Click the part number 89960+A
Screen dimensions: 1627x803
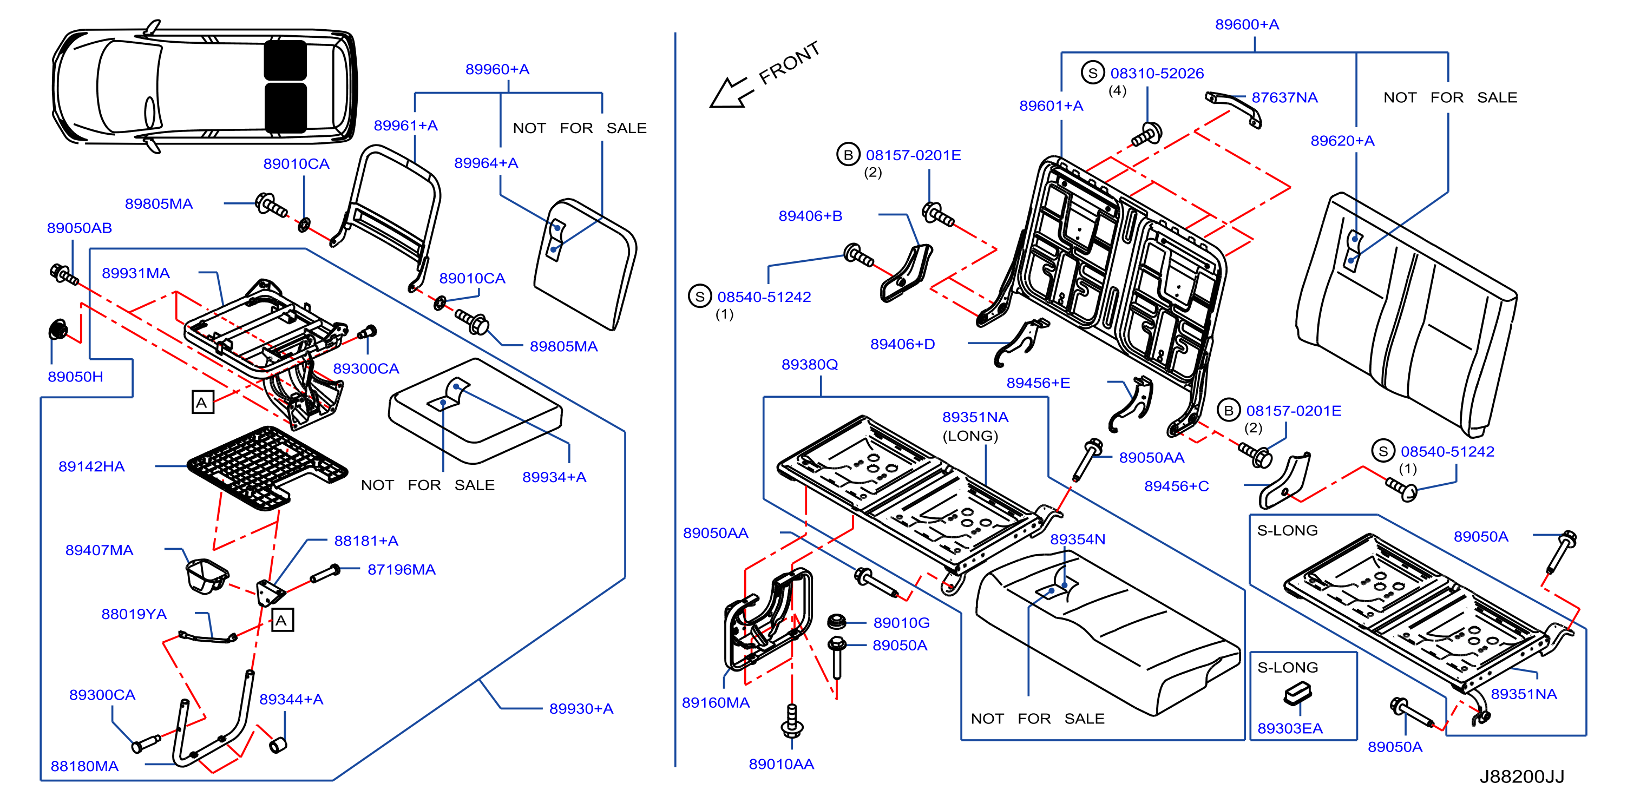(497, 69)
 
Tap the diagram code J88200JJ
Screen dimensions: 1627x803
(1521, 776)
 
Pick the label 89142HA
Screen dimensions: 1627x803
(91, 466)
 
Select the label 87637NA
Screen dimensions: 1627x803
(1285, 97)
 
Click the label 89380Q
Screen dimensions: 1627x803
(809, 364)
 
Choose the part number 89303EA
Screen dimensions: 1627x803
(1290, 728)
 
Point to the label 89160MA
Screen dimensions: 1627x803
(716, 702)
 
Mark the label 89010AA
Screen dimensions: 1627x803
(781, 764)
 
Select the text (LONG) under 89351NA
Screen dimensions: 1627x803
(970, 436)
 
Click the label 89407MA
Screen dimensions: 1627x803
(99, 550)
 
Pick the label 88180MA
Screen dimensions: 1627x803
(84, 766)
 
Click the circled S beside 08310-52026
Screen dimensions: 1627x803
(1092, 73)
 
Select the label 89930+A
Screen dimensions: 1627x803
(581, 708)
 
